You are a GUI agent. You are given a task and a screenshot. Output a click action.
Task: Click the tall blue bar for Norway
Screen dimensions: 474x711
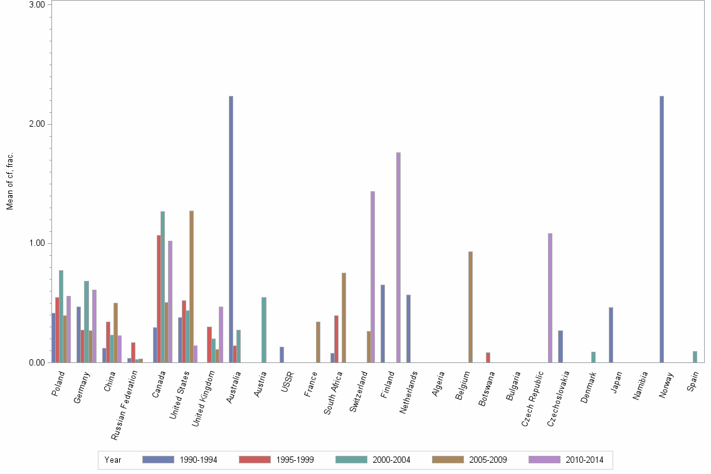[x=661, y=229]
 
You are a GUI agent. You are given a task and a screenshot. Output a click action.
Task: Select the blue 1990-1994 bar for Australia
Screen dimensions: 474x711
[x=231, y=229]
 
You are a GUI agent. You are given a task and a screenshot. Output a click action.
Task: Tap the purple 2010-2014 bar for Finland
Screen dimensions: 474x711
[x=398, y=257]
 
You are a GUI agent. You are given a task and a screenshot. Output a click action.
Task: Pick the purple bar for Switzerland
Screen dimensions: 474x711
[x=372, y=276]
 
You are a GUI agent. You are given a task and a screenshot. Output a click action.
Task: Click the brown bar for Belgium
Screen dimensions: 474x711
[x=470, y=307]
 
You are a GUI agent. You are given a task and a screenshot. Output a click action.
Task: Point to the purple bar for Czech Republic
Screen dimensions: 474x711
[x=550, y=298]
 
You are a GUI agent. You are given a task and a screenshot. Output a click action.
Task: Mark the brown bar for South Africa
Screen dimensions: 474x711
[x=344, y=317]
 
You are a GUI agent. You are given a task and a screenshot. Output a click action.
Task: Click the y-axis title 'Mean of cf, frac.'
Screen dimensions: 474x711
[x=10, y=182]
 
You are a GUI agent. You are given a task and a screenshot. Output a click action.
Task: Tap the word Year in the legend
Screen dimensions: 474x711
[x=113, y=460]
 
